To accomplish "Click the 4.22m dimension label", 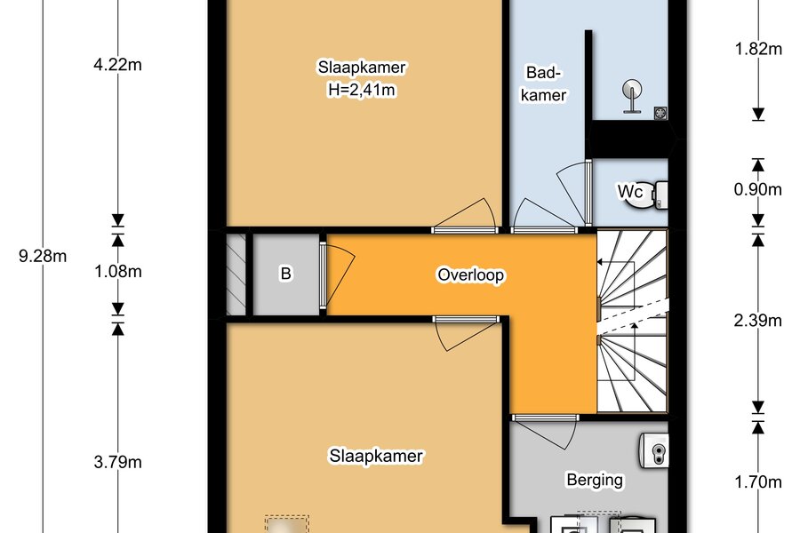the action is coord(118,65).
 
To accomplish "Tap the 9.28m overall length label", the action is coord(43,256).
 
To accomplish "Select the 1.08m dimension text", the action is coord(118,271).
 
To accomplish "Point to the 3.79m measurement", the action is coord(118,462).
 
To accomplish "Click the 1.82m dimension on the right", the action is coord(758,49).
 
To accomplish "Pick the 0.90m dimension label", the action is coord(758,190).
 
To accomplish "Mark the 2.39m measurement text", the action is coord(758,321).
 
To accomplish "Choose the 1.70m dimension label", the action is coord(758,481).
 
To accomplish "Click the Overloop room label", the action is coord(471,274).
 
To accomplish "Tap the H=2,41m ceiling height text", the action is coord(362,90).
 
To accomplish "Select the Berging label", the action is coord(595,480).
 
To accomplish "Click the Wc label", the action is coord(630,192).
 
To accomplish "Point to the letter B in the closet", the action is coord(285,274).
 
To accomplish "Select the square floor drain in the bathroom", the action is coord(660,113).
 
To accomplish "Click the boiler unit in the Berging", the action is coord(653,449).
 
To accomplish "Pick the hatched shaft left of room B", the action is coord(236,274).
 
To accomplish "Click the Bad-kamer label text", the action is coord(543,84).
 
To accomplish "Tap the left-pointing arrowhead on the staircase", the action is coord(600,262).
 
